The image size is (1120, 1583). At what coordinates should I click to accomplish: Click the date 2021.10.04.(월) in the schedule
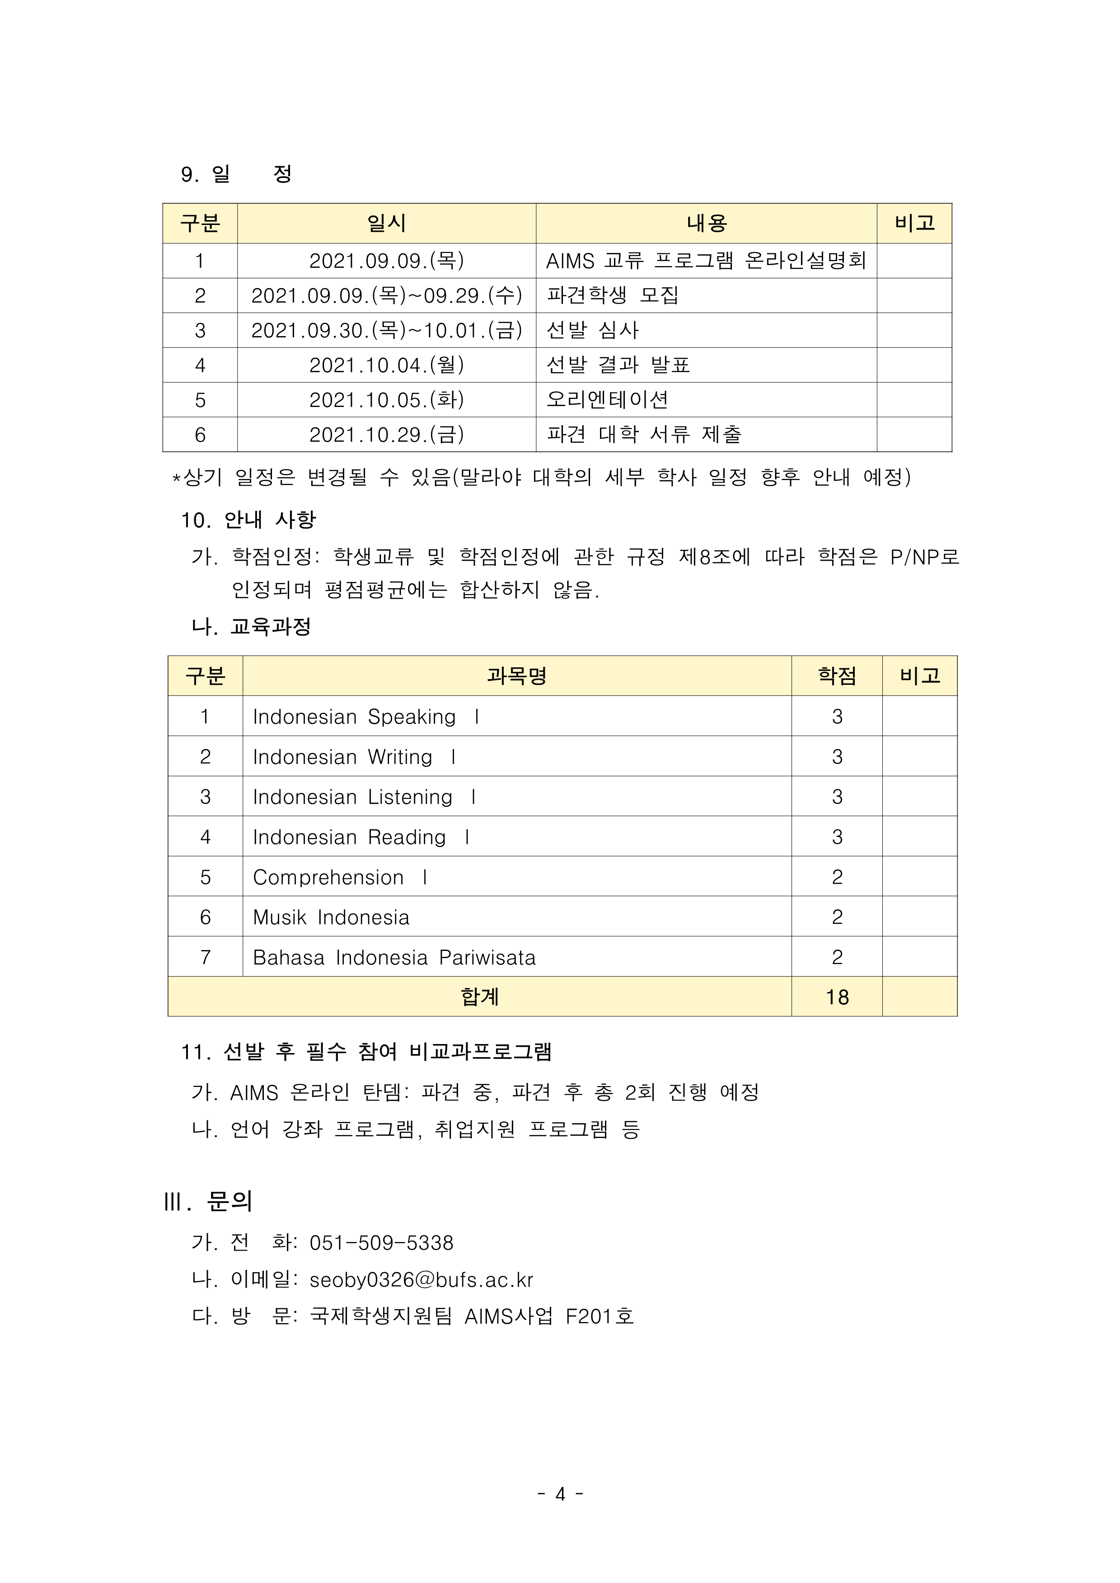pyautogui.click(x=386, y=365)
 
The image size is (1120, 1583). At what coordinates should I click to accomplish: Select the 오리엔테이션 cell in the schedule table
pyautogui.click(x=607, y=399)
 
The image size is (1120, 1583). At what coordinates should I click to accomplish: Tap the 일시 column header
pyautogui.click(x=386, y=223)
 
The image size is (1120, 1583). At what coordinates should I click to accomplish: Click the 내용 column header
pyautogui.click(x=706, y=223)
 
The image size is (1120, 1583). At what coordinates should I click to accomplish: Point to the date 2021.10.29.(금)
pyautogui.click(x=386, y=434)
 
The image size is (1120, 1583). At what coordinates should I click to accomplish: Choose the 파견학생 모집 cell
pyautogui.click(x=613, y=295)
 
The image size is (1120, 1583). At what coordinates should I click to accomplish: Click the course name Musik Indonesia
pyautogui.click(x=331, y=917)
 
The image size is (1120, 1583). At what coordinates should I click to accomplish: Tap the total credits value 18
pyautogui.click(x=837, y=997)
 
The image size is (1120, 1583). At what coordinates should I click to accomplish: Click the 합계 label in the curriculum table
pyautogui.click(x=479, y=997)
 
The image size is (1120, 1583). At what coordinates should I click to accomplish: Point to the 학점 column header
pyautogui.click(x=837, y=676)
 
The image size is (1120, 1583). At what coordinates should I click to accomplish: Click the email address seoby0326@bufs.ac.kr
pyautogui.click(x=422, y=1280)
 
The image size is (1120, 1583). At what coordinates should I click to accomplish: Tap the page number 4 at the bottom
pyautogui.click(x=560, y=1494)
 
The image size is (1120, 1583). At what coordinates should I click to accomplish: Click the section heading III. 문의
pyautogui.click(x=208, y=1202)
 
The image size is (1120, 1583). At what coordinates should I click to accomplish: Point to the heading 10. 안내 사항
pyautogui.click(x=248, y=520)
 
